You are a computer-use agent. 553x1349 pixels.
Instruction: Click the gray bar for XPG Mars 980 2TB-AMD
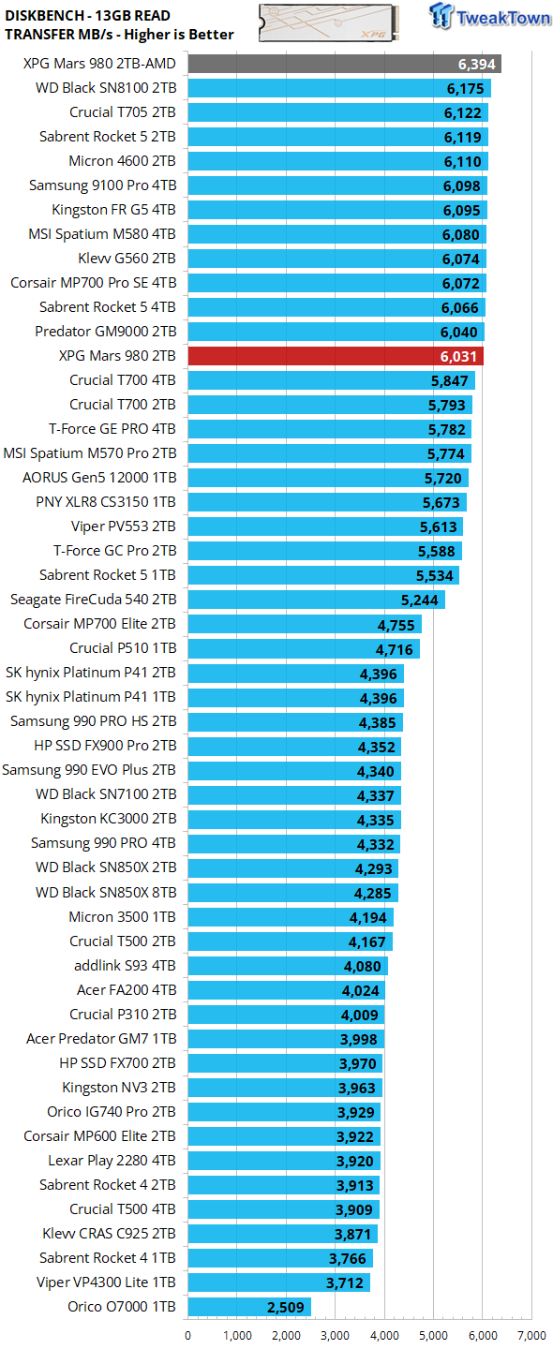pos(344,64)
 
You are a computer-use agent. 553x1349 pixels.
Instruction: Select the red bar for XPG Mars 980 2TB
pos(336,356)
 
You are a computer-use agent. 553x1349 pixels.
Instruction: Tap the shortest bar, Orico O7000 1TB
pos(249,1306)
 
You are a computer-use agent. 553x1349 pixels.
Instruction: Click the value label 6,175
pos(462,88)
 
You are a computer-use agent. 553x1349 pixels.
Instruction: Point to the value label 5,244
pos(420,600)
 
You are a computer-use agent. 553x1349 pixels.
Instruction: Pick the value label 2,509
pos(286,1306)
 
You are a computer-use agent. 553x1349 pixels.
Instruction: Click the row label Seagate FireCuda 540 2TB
pos(93,600)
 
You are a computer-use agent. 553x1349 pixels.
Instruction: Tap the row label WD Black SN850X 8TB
pos(106,892)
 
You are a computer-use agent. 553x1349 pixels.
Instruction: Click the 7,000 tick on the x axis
pos(531,1335)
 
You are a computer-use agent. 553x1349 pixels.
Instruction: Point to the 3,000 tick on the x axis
pos(336,1335)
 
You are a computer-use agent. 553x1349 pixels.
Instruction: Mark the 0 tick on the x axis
pos(188,1335)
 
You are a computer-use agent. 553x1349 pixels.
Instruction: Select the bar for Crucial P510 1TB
pos(304,648)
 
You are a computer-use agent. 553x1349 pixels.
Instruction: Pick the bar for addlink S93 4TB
pos(288,965)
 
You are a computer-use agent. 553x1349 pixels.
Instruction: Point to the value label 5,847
pos(448,380)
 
